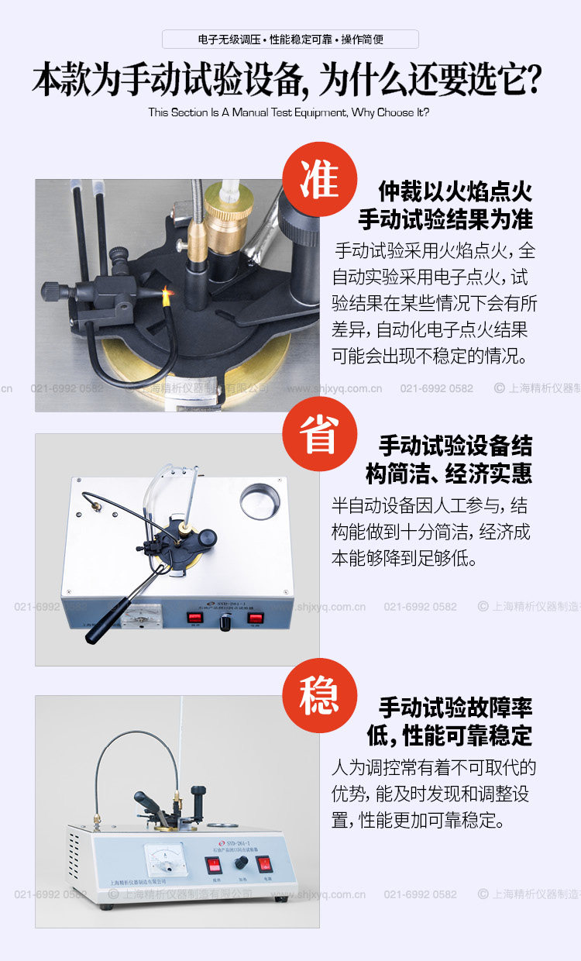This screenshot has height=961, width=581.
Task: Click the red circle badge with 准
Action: pyautogui.click(x=319, y=179)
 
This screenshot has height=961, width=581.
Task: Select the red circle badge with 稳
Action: pyautogui.click(x=319, y=695)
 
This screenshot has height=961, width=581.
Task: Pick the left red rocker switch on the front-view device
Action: pyautogui.click(x=213, y=865)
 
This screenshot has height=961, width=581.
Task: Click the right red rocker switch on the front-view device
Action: pyautogui.click(x=263, y=865)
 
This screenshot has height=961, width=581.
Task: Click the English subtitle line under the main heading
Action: pyautogui.click(x=288, y=112)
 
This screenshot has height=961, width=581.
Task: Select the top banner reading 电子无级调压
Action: pyautogui.click(x=290, y=40)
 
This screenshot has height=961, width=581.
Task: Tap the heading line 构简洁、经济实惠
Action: pyautogui.click(x=449, y=473)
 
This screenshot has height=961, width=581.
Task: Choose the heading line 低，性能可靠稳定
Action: pyautogui.click(x=450, y=735)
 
